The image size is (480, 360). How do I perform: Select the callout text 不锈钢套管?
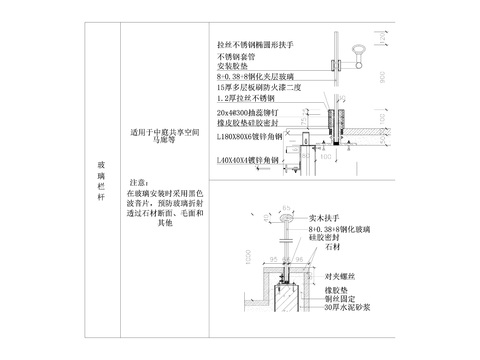[237, 58]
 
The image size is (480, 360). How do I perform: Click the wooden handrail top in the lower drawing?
[287, 218]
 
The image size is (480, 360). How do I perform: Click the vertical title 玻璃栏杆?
[100, 180]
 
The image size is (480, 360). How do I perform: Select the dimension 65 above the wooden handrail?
[287, 207]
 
